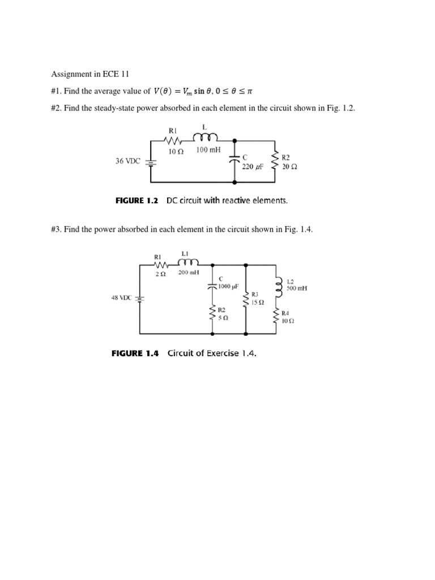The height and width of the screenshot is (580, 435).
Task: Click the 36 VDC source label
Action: point(128,161)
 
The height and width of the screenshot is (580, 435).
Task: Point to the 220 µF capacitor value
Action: point(253,167)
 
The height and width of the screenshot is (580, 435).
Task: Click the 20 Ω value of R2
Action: point(289,167)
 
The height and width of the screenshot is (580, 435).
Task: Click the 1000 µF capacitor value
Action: point(228,286)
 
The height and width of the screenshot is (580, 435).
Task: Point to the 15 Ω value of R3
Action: point(258,302)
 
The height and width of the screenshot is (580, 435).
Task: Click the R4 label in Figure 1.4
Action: point(285,313)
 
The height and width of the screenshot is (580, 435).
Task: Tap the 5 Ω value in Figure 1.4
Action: point(223,318)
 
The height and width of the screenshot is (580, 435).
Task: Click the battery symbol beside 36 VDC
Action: point(151,162)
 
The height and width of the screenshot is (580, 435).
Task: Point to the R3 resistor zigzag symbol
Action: point(246,299)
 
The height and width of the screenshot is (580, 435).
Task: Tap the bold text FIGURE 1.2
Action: point(135,200)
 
